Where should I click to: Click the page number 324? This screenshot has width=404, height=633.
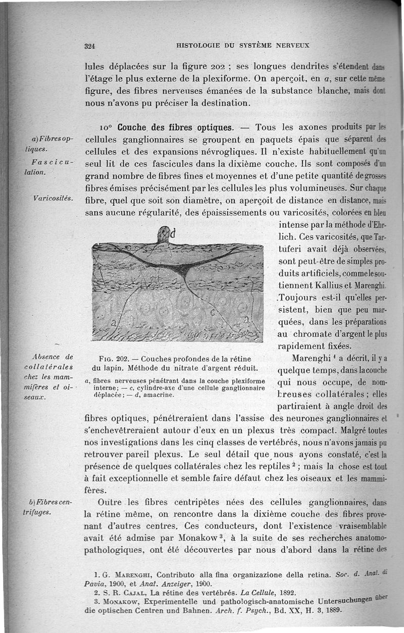(x=90, y=45)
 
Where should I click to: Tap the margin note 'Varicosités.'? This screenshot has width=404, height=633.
(x=52, y=197)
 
